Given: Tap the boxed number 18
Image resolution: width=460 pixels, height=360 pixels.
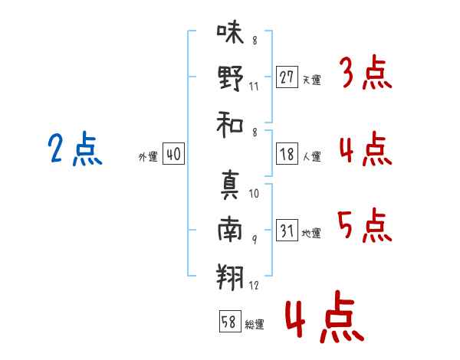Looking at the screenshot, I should tap(287, 154).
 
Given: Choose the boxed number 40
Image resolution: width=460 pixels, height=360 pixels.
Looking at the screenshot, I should tap(173, 154).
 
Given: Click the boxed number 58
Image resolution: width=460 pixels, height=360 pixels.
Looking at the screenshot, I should tap(228, 322).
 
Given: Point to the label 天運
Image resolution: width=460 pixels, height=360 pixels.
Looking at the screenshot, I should tap(311, 80).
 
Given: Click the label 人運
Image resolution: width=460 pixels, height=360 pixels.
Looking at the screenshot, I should tap(311, 156).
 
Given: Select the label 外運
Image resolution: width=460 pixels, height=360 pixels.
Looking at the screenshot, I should tap(147, 156).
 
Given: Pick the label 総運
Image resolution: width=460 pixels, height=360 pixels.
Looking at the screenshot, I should tap(255, 325).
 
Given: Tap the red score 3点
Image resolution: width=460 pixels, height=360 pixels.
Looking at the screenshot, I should tap(366, 74).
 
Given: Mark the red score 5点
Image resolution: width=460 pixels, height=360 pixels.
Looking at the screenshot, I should tap(366, 225).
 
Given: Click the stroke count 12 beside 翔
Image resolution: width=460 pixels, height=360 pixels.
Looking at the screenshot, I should tap(255, 286).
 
